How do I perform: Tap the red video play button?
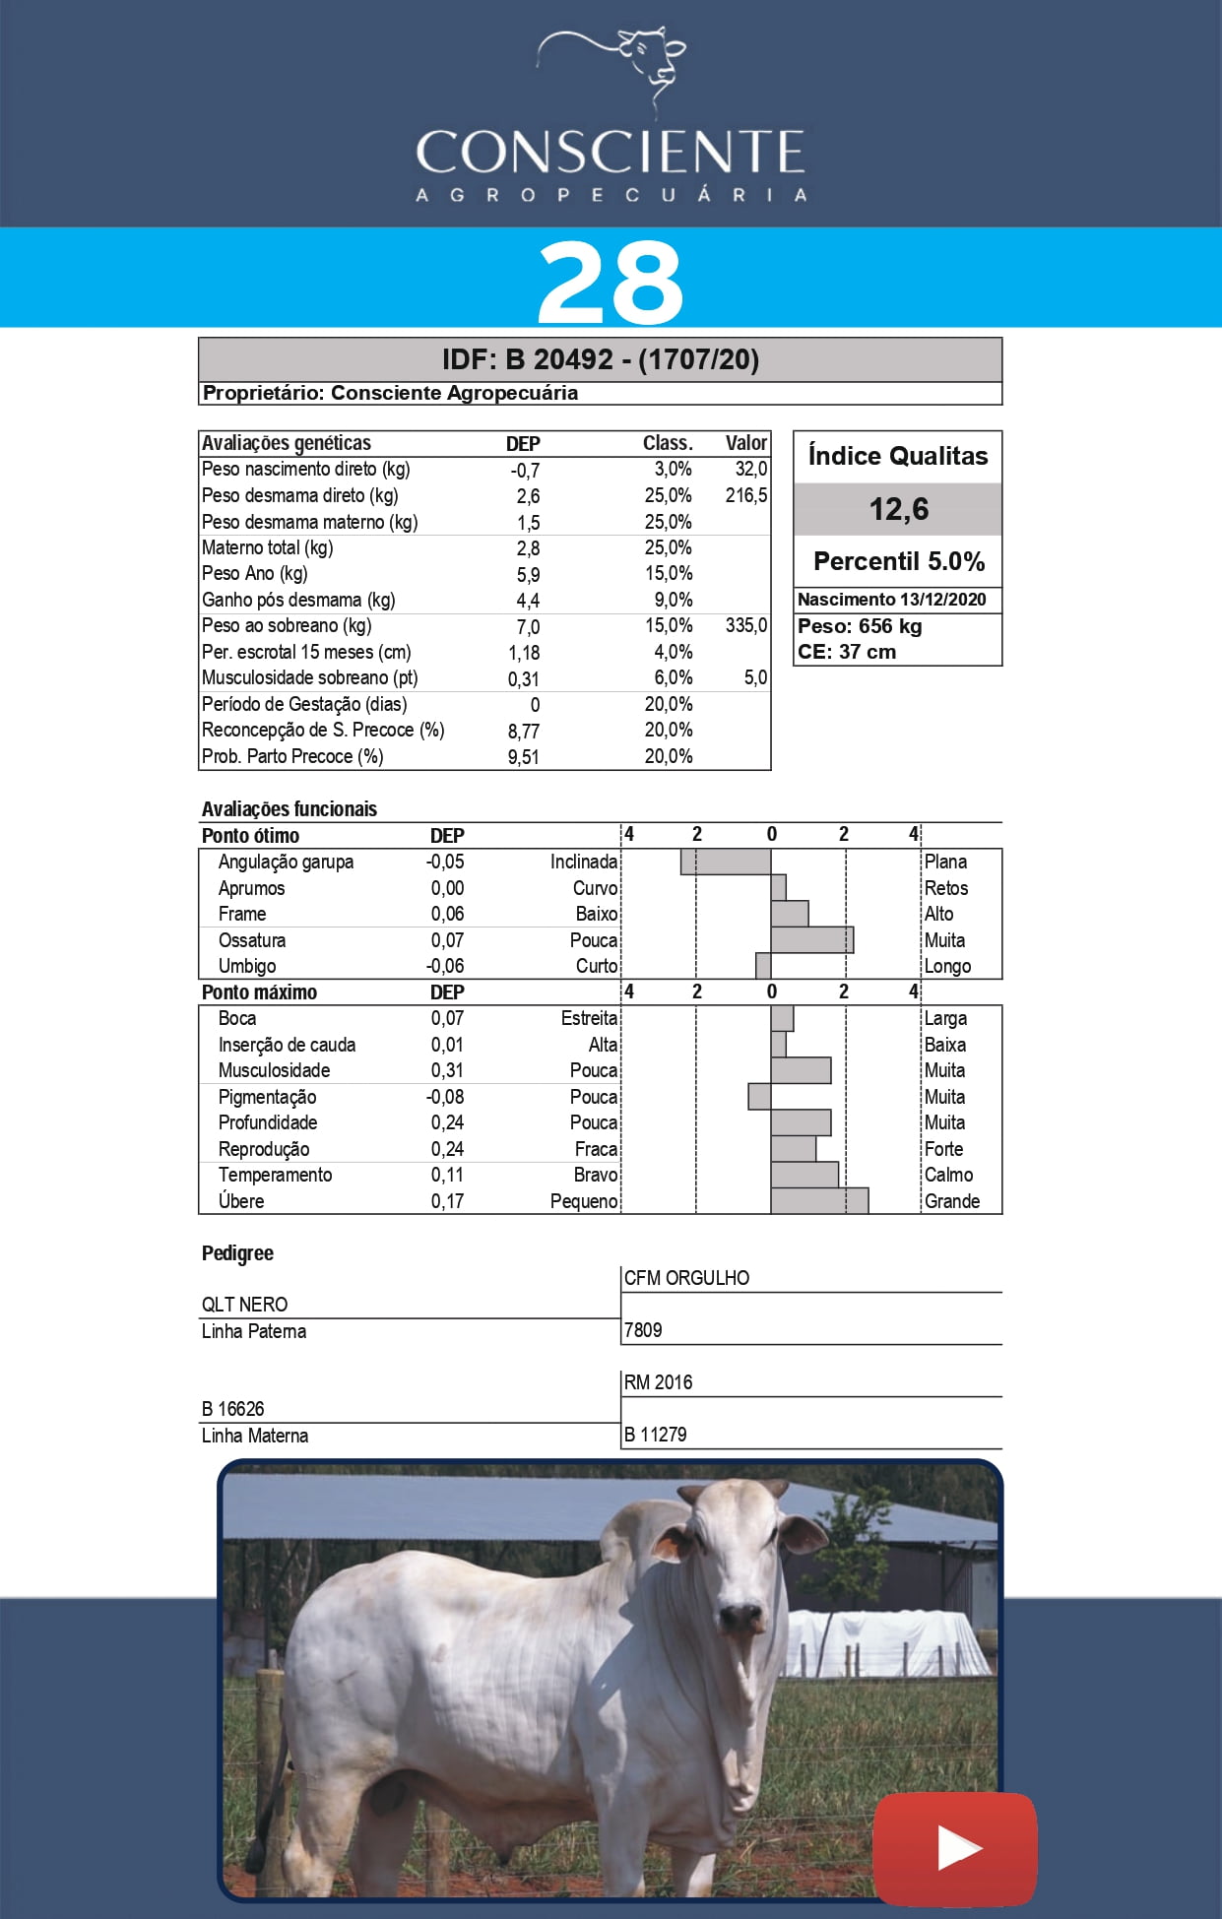[x=954, y=1848]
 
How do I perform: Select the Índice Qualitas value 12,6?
[x=898, y=509]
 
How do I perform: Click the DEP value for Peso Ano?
[x=528, y=575]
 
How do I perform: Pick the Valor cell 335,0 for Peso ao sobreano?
[x=745, y=626]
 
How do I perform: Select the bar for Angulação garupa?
[x=726, y=862]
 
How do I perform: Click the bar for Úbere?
[x=819, y=1201]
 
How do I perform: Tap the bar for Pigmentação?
[x=759, y=1097]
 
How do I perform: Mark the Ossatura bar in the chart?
[x=812, y=940]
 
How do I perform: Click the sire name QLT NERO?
[x=245, y=1305]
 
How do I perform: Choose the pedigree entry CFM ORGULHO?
[x=686, y=1278]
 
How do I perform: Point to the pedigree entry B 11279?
[x=655, y=1435]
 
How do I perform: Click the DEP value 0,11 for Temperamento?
[x=447, y=1175]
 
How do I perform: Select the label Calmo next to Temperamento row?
[x=948, y=1175]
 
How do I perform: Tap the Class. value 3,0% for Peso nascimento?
[x=673, y=470]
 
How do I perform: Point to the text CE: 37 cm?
[x=847, y=652]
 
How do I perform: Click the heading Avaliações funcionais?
[x=289, y=809]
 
